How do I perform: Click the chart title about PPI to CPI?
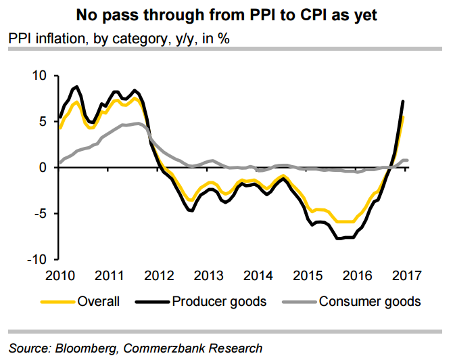pyautogui.click(x=226, y=14)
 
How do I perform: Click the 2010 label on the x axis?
pyautogui.click(x=59, y=276)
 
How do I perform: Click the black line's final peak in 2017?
pyautogui.click(x=403, y=102)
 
